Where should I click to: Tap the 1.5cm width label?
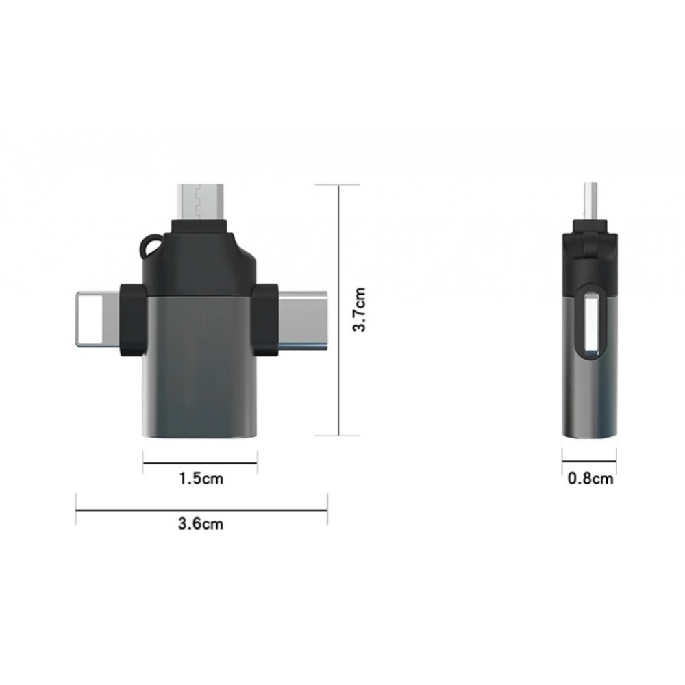click(201, 478)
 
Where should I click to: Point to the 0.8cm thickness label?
click(590, 478)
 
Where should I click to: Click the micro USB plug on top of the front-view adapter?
click(199, 200)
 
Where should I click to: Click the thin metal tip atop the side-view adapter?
click(590, 202)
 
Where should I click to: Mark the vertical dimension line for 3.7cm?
click(338, 310)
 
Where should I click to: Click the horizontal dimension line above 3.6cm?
click(201, 510)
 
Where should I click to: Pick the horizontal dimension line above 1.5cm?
click(200, 462)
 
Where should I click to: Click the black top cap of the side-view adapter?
click(590, 257)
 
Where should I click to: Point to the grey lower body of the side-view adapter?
click(590, 397)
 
